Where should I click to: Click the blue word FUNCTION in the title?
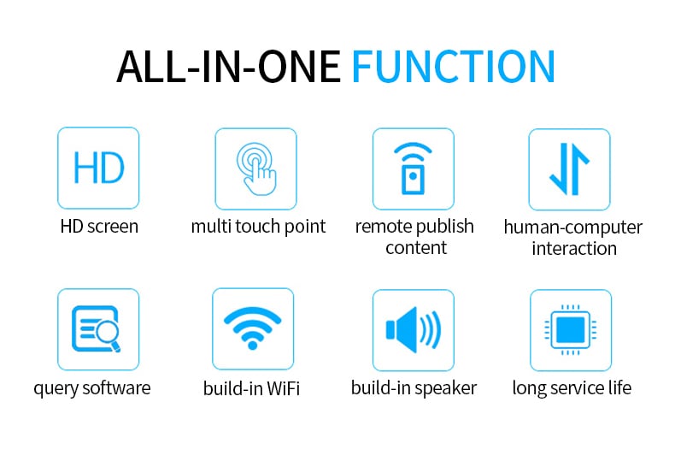coord(454,66)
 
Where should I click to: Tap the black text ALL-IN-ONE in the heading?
coord(229,67)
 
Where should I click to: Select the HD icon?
coord(98,168)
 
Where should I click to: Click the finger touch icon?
coord(256,168)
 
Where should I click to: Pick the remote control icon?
coord(413,168)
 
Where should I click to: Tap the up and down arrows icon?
coord(569,169)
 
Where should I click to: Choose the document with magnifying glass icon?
coord(97,329)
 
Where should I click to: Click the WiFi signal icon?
coord(253,328)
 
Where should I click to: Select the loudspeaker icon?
coord(414,330)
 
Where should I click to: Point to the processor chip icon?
coord(571,330)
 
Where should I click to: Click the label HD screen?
coord(99,227)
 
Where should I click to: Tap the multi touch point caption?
coord(258,227)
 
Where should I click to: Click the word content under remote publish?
coord(416,248)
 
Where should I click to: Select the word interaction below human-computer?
coord(574,249)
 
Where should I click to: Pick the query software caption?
coord(92,388)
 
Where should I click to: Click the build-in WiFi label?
coord(251,388)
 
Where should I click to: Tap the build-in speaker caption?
coord(414,388)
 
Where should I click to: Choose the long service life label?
coord(572,388)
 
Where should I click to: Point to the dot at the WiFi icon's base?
coord(253,345)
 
